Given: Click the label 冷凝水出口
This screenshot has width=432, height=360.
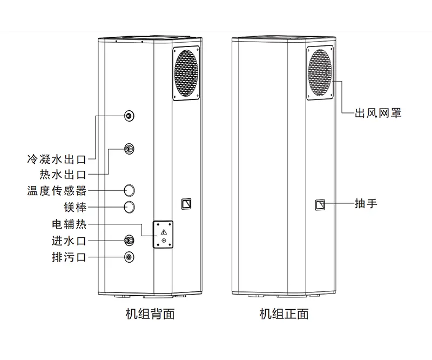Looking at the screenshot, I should pos(56,160).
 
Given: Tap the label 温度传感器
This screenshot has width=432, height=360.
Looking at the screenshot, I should pos(56,191).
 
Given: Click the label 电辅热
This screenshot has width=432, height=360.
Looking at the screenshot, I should pos(69,224).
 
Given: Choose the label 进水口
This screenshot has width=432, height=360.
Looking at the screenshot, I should pos(69,241).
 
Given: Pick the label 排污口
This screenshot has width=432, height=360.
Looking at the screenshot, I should pos(69,257).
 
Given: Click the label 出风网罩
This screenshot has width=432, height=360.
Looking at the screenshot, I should pos(378,114).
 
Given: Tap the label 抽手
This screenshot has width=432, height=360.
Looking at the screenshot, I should pos(366,204).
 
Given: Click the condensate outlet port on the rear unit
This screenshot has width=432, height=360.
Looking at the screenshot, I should pos(129,116).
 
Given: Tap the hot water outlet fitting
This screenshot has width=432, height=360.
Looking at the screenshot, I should pos(129,149).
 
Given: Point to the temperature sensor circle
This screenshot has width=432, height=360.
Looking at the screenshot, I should pos(130,190).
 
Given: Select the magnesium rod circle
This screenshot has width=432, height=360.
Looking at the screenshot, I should pos(130,207).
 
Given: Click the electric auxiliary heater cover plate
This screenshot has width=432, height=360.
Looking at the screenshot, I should pos(163,234).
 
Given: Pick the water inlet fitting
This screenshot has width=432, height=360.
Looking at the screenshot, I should pos(129,240).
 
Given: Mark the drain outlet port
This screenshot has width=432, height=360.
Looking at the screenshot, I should pos(129,257).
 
